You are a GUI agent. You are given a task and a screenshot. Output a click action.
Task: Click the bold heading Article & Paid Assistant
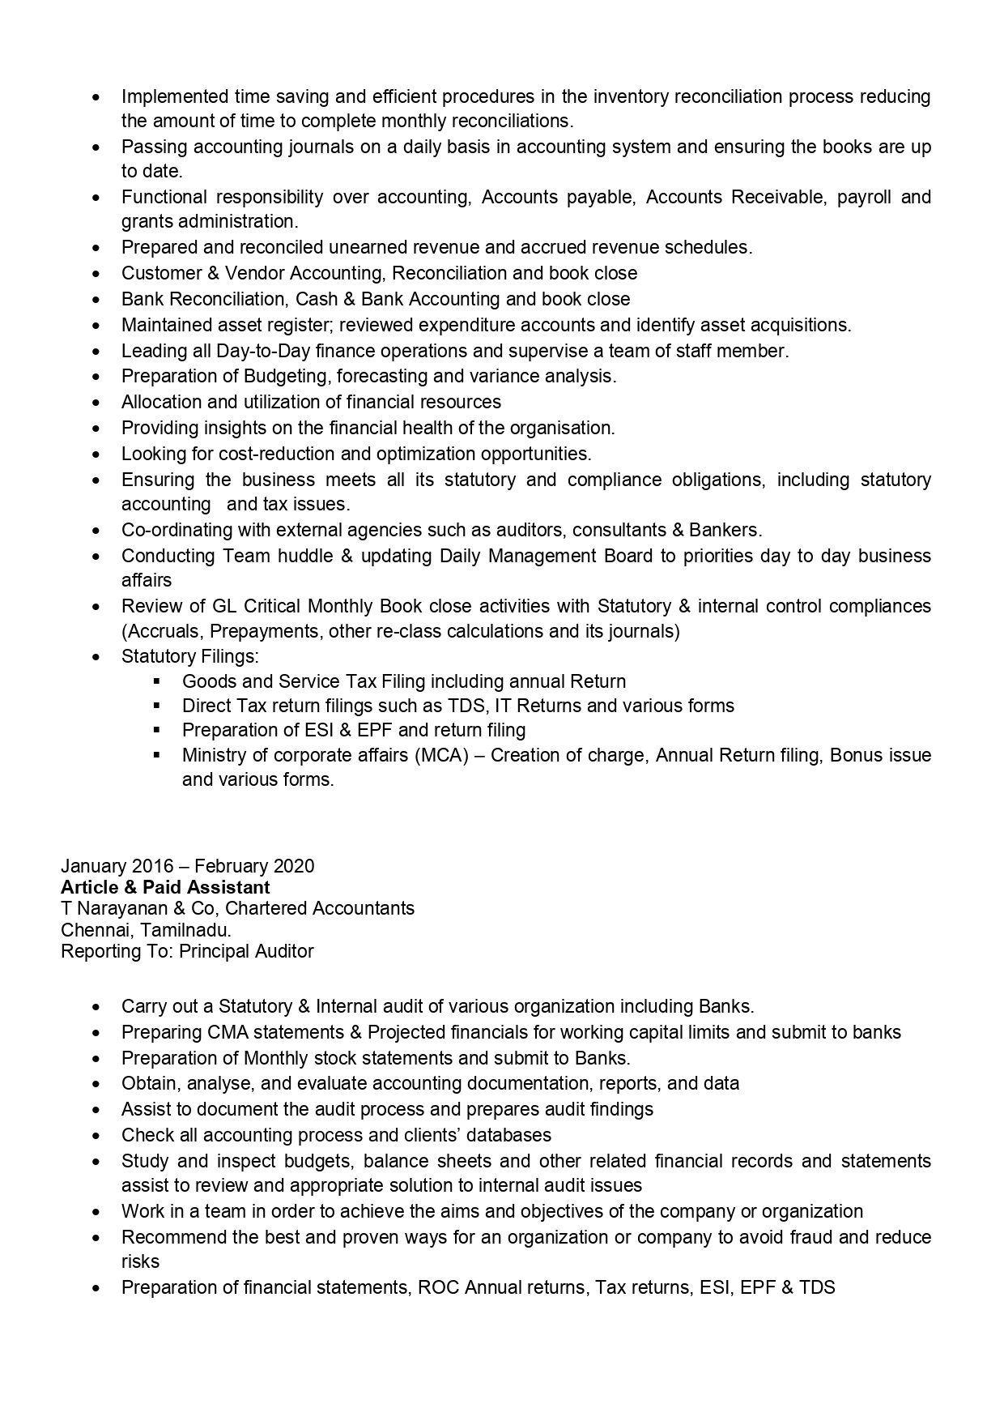point(165,887)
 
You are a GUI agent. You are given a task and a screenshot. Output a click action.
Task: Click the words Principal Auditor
point(246,951)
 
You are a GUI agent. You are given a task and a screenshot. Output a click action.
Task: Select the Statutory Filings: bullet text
point(190,656)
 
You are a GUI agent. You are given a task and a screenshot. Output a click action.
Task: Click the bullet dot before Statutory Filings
point(97,657)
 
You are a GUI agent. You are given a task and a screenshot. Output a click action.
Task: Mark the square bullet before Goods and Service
point(157,681)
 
